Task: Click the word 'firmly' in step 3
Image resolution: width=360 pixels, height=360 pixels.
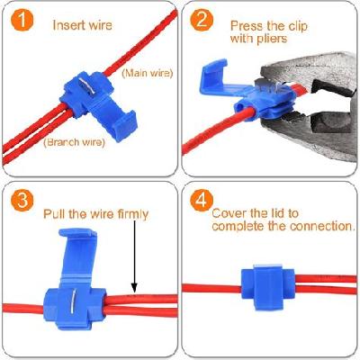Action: tap(128, 215)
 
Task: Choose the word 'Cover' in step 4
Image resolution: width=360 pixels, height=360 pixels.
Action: tap(229, 213)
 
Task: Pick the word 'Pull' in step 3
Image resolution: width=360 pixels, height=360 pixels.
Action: tap(56, 215)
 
